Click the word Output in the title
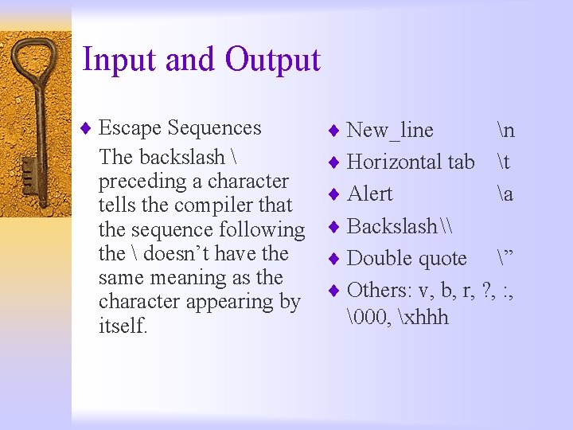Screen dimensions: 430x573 (x=272, y=61)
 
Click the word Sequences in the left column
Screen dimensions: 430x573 (x=215, y=128)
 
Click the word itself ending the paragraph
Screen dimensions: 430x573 (x=123, y=326)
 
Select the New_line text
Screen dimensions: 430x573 (x=390, y=130)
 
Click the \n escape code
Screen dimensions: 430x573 (x=504, y=130)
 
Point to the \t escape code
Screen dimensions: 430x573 (x=502, y=162)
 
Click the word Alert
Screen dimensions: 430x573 (x=370, y=193)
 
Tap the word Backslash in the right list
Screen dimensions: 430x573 (x=392, y=226)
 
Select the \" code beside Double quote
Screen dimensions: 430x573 (x=505, y=258)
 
